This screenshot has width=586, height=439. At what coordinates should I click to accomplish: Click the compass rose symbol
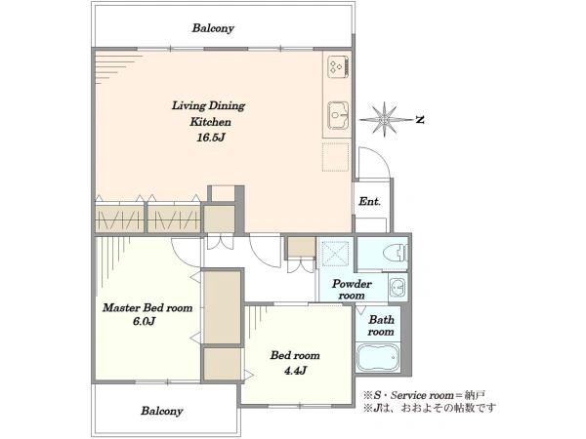pyautogui.click(x=385, y=119)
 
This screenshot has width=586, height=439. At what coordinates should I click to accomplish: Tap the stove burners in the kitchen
pyautogui.click(x=338, y=66)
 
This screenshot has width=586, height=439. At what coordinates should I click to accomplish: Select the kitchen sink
pyautogui.click(x=338, y=115)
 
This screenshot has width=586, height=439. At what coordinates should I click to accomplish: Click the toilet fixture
pyautogui.click(x=396, y=253)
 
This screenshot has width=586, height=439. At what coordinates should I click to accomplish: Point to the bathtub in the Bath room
pyautogui.click(x=377, y=358)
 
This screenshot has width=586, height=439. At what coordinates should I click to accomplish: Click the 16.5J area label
pyautogui.click(x=211, y=138)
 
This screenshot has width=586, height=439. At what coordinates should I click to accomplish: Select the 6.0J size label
pyautogui.click(x=144, y=321)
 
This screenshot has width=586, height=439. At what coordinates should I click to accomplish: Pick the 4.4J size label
pyautogui.click(x=295, y=371)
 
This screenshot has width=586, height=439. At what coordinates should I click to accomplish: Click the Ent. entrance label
pyautogui.click(x=369, y=202)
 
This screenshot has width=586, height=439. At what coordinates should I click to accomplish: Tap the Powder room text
pyautogui.click(x=352, y=290)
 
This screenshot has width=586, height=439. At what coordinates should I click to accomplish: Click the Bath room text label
pyautogui.click(x=381, y=326)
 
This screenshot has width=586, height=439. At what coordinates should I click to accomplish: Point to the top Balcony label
pyautogui.click(x=213, y=28)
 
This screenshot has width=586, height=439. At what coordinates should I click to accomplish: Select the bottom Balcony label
pyautogui.click(x=162, y=411)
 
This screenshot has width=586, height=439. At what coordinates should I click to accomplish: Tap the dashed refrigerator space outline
pyautogui.click(x=336, y=156)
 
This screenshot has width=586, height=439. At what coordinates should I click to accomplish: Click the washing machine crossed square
pyautogui.click(x=335, y=253)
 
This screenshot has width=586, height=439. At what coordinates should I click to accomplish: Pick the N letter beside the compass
pyautogui.click(x=420, y=120)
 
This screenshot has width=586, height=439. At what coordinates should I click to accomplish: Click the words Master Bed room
pyautogui.click(x=147, y=308)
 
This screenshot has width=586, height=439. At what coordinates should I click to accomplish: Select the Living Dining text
pyautogui.click(x=208, y=106)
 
